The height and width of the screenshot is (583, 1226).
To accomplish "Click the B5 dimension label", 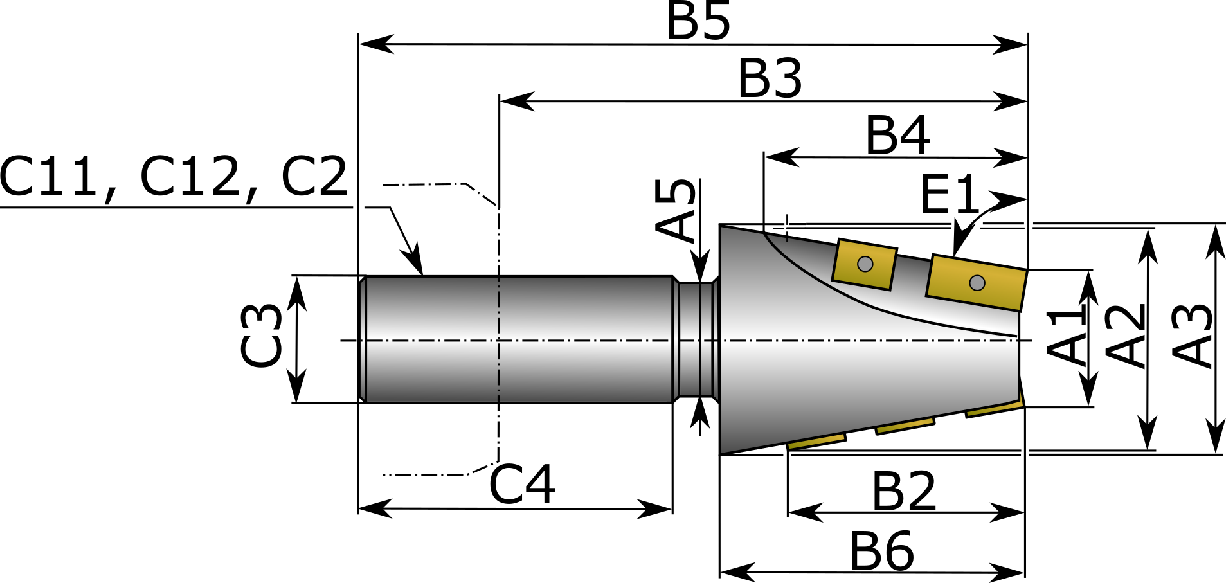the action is point(698,21).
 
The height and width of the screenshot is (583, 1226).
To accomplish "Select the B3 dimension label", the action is point(770,78).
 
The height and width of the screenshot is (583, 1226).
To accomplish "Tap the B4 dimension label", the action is point(897,135).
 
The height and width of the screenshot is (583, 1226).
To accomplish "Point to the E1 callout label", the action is point(950,194).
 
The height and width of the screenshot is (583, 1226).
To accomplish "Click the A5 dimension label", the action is point(676,210).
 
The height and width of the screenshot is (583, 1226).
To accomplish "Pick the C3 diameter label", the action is point(261,336).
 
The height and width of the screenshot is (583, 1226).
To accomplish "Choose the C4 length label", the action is point(521,484).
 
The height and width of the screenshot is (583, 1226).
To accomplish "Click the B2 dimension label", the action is point(903,491).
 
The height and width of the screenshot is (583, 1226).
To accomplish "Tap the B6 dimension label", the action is point(881,551).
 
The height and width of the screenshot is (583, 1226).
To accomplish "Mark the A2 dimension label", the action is point(1126,336).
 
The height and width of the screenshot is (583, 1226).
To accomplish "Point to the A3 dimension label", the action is point(1193,336).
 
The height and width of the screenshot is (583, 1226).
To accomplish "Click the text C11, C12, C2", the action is point(174,177).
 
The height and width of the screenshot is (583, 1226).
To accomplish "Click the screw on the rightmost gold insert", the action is point(977,283).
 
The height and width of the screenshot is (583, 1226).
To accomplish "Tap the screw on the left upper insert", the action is point(865,264).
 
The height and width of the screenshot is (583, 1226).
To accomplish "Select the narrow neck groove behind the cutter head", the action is point(696,339).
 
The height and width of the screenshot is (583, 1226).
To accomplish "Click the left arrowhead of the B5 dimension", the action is point(376,44).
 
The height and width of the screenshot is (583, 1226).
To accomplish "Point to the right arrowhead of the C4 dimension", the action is point(654,509).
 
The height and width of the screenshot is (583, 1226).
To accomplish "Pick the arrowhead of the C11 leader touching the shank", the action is point(413,259).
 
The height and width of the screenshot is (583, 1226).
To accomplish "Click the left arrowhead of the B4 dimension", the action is point(782,157).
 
